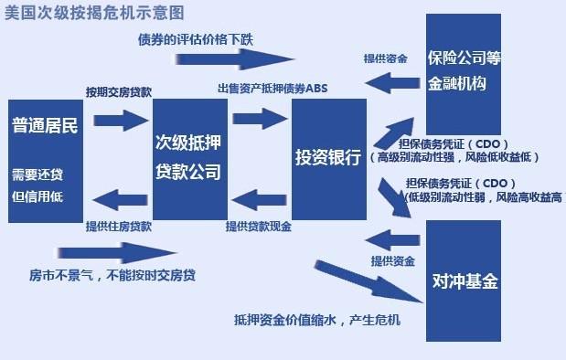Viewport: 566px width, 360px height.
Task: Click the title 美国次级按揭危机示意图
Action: tap(93, 14)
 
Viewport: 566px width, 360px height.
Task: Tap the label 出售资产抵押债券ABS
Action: tap(272, 89)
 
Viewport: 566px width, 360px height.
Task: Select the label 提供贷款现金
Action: tap(259, 226)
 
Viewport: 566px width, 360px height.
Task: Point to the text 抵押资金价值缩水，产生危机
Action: tap(317, 321)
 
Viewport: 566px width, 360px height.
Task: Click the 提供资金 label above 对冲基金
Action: tap(394, 261)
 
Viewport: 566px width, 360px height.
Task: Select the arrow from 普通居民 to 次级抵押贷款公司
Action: tap(120, 119)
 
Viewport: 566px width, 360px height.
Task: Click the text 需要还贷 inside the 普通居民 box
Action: tap(37, 175)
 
